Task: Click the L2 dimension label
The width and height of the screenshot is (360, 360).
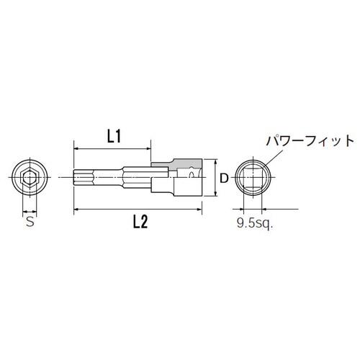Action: point(140,223)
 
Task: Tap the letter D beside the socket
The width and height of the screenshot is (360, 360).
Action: point(224,177)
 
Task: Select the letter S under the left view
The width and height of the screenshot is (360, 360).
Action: point(30,222)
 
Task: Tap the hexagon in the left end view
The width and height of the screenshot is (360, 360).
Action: point(30,176)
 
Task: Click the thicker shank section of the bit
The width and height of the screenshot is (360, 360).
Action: point(137,177)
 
